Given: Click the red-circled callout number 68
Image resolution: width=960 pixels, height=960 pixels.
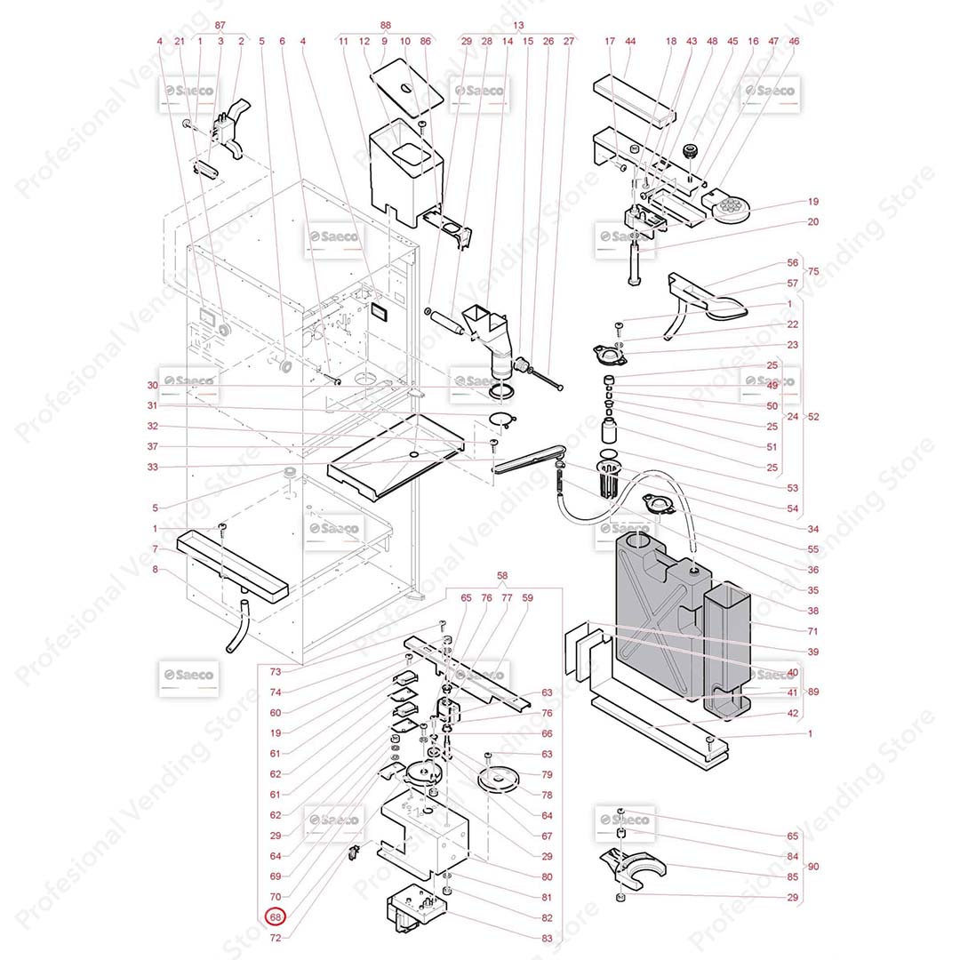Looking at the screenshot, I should [x=276, y=917].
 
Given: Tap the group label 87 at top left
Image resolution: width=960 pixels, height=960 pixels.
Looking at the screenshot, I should [x=220, y=25].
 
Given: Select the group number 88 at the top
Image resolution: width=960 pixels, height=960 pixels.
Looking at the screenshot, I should [x=385, y=25].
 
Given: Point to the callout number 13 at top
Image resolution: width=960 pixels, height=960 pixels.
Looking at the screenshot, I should [x=519, y=25].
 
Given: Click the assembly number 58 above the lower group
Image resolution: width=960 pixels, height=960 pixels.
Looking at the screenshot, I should [x=502, y=577].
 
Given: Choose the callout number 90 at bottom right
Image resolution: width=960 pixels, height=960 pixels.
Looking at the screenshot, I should [x=814, y=867].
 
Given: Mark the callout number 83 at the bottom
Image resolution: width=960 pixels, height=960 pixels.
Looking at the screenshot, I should [x=547, y=939].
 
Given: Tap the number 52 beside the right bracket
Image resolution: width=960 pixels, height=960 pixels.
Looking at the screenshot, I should [x=813, y=416].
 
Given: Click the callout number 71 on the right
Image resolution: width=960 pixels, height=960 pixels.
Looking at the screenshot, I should [x=788, y=631].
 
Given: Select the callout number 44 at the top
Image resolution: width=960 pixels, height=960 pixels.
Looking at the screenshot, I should [x=630, y=41].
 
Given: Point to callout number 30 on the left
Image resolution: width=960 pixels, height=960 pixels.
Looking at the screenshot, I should [x=152, y=385].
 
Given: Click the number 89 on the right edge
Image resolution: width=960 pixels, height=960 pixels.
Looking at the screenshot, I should [x=813, y=692].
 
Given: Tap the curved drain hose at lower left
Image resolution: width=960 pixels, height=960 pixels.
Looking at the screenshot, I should [x=237, y=628].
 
